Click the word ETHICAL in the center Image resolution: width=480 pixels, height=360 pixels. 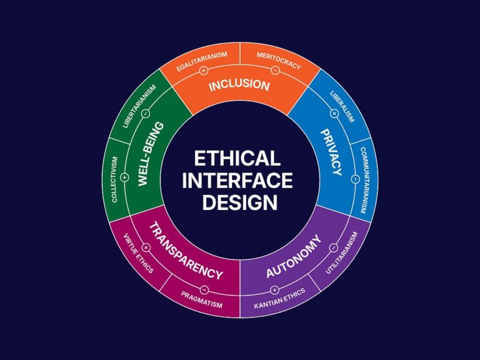click(237, 158)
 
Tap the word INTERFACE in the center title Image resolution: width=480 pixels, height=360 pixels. click(237, 180)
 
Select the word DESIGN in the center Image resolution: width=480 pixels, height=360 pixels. click(240, 202)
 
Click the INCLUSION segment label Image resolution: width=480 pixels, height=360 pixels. click(239, 86)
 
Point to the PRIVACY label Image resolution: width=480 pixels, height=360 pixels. click(331, 152)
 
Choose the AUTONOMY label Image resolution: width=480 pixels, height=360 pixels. click(294, 256)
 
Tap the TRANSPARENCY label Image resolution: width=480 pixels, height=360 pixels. click(186, 251)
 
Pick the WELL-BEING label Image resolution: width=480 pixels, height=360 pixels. click(151, 154)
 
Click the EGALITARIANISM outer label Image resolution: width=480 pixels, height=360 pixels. click(202, 61)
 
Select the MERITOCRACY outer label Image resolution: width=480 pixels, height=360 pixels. click(279, 61)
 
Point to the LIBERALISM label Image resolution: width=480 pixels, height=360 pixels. click(342, 106)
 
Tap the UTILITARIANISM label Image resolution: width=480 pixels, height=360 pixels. click(341, 252)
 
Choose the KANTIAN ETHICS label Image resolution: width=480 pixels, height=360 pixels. click(279, 298)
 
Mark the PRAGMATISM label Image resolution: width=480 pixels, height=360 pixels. click(201, 300)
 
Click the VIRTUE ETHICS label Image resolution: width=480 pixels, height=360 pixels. click(138, 254)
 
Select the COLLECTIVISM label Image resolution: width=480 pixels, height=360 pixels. click(114, 179)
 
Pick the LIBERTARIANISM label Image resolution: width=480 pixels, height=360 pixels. click(139, 106)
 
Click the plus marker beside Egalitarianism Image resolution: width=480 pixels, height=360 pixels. click(204, 71)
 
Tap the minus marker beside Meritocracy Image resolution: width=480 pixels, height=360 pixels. click(275, 70)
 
